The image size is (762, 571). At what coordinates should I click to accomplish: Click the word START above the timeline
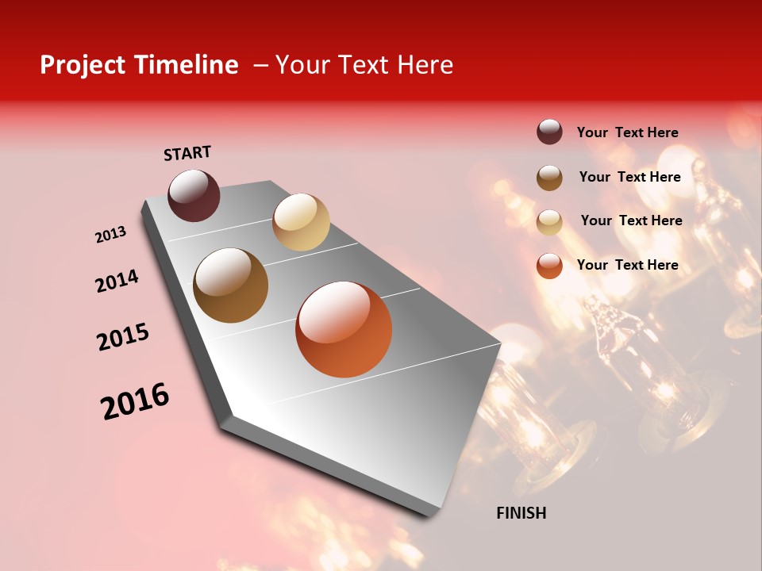coord(187,153)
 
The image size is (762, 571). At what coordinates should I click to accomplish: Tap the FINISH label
coord(521,513)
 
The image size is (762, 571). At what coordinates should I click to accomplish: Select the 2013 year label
coord(111,235)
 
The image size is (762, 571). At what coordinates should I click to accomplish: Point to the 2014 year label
coord(117,281)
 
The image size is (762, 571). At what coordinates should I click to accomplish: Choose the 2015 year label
coord(123,337)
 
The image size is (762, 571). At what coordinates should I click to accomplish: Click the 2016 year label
coord(135,401)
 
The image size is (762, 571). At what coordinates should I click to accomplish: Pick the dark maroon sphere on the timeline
coord(194,195)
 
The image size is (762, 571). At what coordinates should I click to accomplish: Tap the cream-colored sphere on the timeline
coord(301,222)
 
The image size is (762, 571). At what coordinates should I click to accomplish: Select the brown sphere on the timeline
coord(231,285)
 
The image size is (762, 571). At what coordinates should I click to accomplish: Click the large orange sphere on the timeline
coord(344,329)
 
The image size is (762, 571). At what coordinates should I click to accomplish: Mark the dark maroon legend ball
coord(549,132)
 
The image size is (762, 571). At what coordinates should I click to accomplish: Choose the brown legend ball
coord(549,178)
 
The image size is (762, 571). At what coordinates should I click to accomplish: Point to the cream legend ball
coord(549,222)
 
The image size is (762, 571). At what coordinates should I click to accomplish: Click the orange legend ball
coord(549,266)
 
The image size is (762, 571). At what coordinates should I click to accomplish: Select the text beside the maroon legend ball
coord(627,132)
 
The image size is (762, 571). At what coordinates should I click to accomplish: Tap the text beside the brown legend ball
coord(629,177)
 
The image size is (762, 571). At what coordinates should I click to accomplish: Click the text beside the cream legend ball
coord(631,220)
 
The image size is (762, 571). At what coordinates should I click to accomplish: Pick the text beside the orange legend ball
coord(627,265)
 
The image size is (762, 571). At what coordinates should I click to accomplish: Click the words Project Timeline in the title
coord(139,65)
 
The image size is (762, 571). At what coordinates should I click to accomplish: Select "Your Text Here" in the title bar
coord(364,65)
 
